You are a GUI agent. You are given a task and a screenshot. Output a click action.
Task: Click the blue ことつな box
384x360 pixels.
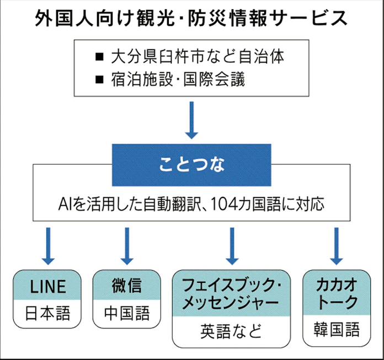pyautogui.click(x=191, y=164)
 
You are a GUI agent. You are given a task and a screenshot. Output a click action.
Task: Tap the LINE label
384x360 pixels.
pyautogui.click(x=47, y=286)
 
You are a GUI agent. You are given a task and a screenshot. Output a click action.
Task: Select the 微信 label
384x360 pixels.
pyautogui.click(x=126, y=286)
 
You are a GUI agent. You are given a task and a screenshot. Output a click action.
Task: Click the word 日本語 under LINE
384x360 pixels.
pyautogui.click(x=47, y=314)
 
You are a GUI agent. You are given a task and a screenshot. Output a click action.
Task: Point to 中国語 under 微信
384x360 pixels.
pyautogui.click(x=126, y=314)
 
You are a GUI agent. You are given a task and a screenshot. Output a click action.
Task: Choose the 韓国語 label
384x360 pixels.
pyautogui.click(x=337, y=330)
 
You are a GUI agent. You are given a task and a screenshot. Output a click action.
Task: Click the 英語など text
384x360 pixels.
pyautogui.click(x=231, y=331)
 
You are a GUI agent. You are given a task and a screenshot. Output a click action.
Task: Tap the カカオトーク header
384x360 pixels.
pyautogui.click(x=337, y=293)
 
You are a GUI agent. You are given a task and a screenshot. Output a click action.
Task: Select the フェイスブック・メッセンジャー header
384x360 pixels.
pyautogui.click(x=231, y=294)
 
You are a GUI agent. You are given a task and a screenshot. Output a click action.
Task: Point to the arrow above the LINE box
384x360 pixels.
pyautogui.click(x=48, y=246)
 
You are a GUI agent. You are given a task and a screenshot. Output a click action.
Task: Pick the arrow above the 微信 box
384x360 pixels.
pyautogui.click(x=127, y=246)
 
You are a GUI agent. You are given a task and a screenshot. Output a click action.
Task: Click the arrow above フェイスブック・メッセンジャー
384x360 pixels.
pyautogui.click(x=231, y=246)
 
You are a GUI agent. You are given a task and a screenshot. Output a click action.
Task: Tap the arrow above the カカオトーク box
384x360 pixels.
pyautogui.click(x=336, y=246)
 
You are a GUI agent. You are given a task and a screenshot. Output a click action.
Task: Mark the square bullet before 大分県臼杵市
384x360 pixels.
pyautogui.click(x=99, y=56)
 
